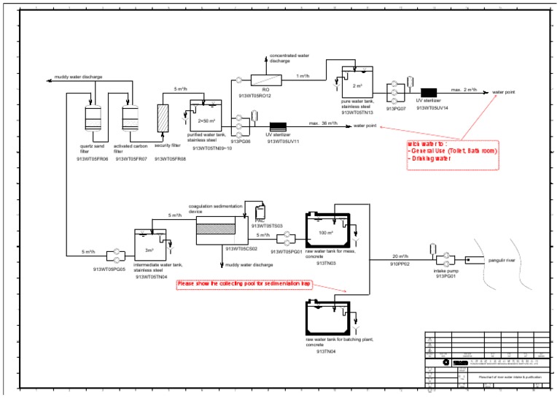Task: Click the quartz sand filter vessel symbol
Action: pos(92,117)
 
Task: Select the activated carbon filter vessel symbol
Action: pos(131,117)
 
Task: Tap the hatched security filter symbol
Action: pos(163,117)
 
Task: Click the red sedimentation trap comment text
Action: pos(244,283)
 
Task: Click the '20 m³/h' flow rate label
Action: pos(400,256)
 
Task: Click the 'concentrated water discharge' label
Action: pos(289,58)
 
